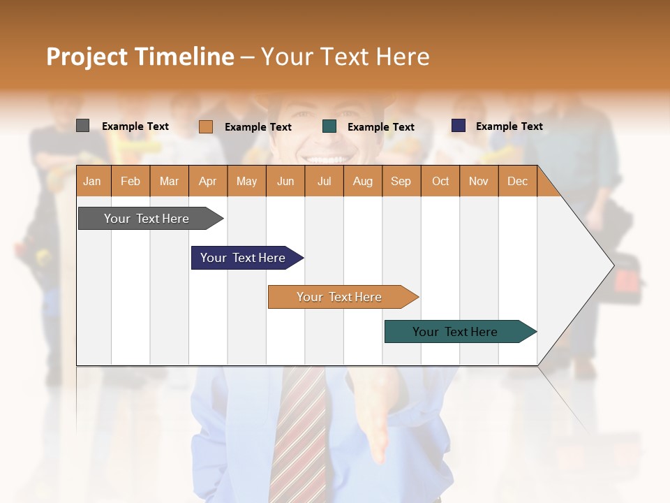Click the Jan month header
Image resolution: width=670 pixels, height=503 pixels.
(92, 182)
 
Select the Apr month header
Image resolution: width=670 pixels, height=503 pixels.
(208, 182)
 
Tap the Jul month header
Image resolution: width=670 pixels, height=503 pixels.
(324, 182)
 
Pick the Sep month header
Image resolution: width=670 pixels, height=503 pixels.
(401, 182)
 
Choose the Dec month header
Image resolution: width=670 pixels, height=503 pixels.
(517, 182)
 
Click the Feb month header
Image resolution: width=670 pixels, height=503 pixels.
(131, 182)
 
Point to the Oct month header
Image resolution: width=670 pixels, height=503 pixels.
(440, 182)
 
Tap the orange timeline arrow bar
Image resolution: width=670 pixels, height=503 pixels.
(340, 297)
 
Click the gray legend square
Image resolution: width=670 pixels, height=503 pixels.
(82, 126)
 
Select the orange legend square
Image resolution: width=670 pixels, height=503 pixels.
(205, 126)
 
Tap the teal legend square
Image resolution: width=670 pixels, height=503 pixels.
(329, 126)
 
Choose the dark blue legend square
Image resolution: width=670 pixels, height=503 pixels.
(459, 126)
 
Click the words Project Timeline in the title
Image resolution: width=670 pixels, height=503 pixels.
(140, 57)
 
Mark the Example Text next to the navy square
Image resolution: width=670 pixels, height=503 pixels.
(509, 126)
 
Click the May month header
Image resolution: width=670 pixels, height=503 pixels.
(246, 182)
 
